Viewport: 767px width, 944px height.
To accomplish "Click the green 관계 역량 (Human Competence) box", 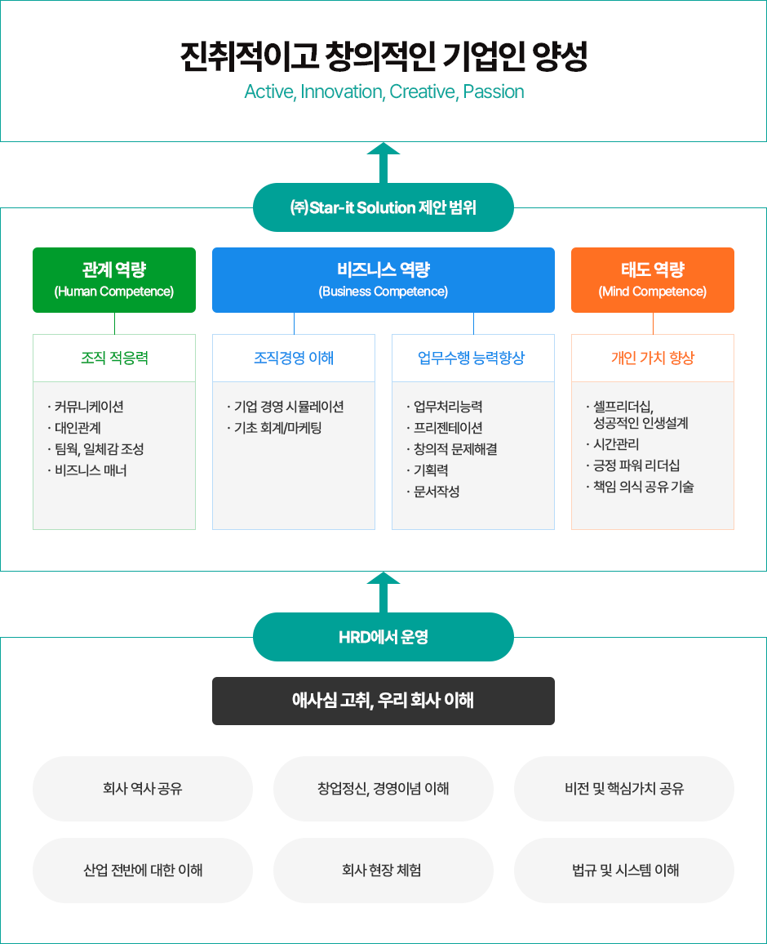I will pyautogui.click(x=114, y=279).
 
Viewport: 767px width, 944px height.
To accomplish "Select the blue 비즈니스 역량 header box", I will pyautogui.click(x=383, y=279).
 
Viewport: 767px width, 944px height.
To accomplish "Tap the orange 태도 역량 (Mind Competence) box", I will pyautogui.click(x=653, y=279).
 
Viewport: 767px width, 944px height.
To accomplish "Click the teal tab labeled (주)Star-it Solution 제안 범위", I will pyautogui.click(x=383, y=207).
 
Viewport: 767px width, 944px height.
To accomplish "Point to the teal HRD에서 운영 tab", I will pyautogui.click(x=383, y=637).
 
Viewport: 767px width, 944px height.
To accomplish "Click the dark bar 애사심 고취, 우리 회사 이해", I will pyautogui.click(x=383, y=701).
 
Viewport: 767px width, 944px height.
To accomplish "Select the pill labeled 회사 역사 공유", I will pyautogui.click(x=143, y=789).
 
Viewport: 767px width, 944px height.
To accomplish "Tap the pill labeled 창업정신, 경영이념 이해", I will pyautogui.click(x=383, y=789).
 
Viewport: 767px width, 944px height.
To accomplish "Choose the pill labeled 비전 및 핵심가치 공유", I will pyautogui.click(x=624, y=789).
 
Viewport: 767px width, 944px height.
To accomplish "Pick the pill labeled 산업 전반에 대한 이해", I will pyautogui.click(x=143, y=871).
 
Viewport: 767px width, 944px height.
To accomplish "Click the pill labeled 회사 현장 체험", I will pyautogui.click(x=383, y=871).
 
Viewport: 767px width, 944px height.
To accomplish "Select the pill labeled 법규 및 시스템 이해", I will pyautogui.click(x=624, y=871).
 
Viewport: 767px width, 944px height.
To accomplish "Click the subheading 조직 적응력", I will pyautogui.click(x=114, y=358).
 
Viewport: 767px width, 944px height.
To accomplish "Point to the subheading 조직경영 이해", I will pyautogui.click(x=294, y=358).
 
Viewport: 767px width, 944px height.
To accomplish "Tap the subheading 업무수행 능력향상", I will pyautogui.click(x=473, y=358).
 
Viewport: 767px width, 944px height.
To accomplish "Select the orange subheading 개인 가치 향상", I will pyautogui.click(x=653, y=358).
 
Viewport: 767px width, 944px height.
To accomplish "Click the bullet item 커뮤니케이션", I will pyautogui.click(x=89, y=407).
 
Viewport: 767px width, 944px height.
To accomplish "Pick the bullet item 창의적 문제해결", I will pyautogui.click(x=455, y=449).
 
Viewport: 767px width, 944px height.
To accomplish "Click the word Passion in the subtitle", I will pyautogui.click(x=494, y=91).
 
